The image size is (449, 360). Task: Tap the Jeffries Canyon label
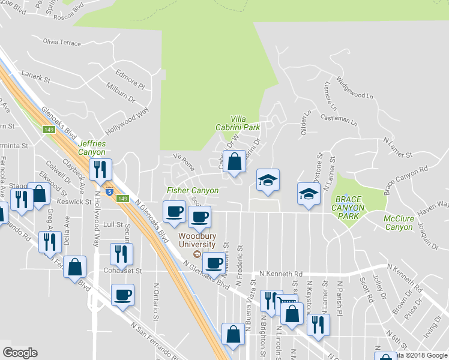click(x=92, y=148)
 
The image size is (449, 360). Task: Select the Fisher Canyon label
click(x=192, y=191)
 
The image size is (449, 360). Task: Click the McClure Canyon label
click(x=398, y=223)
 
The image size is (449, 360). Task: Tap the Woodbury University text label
click(x=196, y=240)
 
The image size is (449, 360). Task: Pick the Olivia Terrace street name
click(x=62, y=42)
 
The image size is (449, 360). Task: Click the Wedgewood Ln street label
click(x=355, y=87)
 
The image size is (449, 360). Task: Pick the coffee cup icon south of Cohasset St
click(x=123, y=295)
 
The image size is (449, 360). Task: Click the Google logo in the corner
click(x=20, y=353)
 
